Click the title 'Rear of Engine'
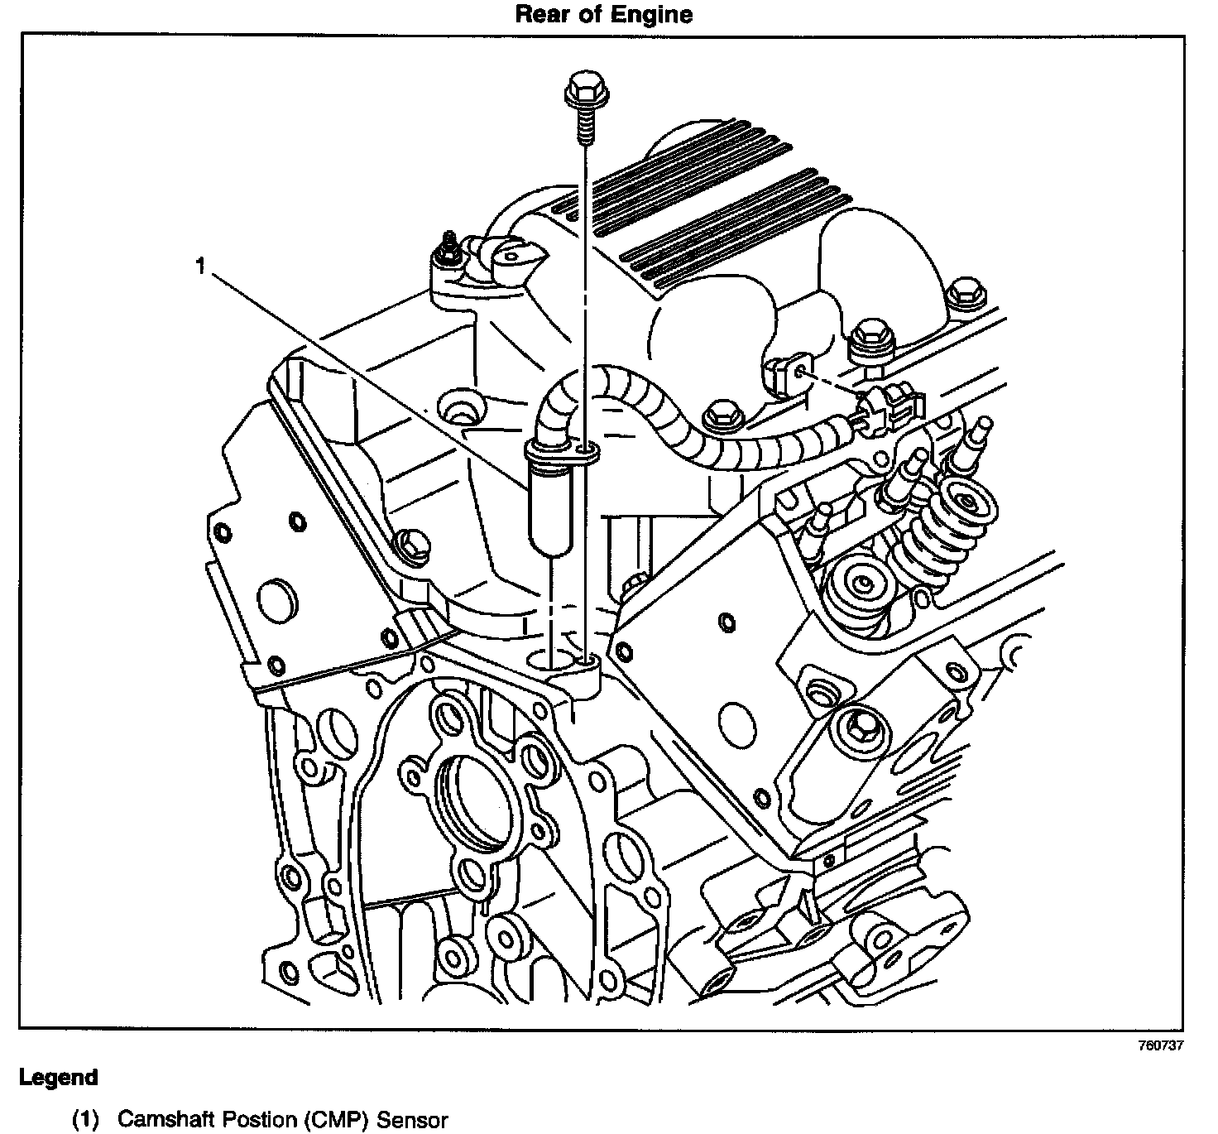[603, 14]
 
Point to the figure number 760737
[1160, 1045]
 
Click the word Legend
[58, 1078]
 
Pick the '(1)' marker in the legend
[86, 1120]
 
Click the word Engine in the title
[650, 14]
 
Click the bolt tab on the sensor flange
[587, 452]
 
